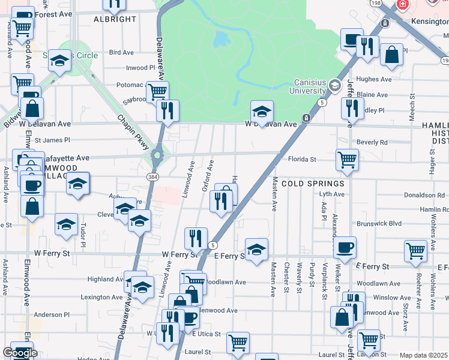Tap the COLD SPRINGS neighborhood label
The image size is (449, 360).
coord(313,183)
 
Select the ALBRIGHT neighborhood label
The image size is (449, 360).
coord(115,19)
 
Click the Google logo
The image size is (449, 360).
coord(20,353)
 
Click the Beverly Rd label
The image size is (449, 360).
coord(372,142)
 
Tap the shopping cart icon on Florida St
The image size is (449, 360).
coord(347,160)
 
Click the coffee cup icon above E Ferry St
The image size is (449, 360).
coord(345,247)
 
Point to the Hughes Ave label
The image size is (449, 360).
coord(374,79)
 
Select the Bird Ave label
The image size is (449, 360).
coord(121,53)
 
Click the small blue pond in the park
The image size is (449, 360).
coord(220,40)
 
